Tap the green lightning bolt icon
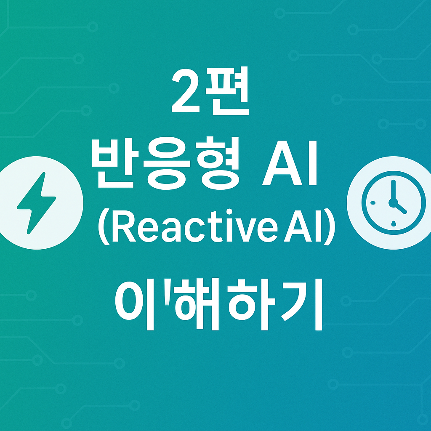(x=36, y=202)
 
